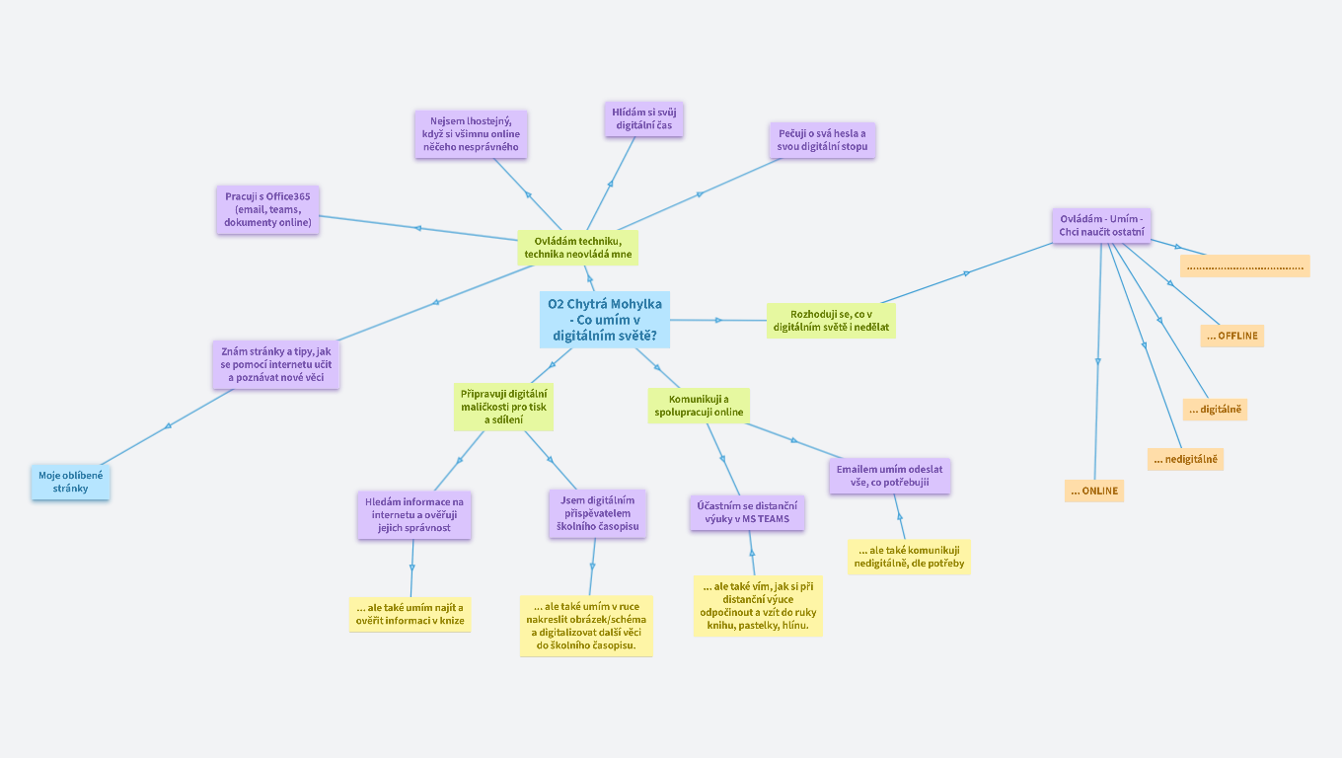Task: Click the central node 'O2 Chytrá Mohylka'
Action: point(605,319)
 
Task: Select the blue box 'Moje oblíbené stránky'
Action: point(70,482)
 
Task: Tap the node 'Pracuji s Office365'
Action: point(267,209)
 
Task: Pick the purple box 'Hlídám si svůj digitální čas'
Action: point(642,119)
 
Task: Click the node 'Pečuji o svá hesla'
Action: point(822,140)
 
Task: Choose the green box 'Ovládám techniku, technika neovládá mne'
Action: point(577,248)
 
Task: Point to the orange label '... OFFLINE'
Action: point(1231,336)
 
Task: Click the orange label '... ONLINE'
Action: point(1093,491)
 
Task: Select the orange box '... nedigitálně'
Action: point(1185,459)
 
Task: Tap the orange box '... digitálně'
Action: point(1215,410)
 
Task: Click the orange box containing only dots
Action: point(1245,265)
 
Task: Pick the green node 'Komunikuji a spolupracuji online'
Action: point(699,405)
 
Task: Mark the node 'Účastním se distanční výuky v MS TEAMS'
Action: point(746,512)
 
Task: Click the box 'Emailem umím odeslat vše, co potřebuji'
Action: point(889,476)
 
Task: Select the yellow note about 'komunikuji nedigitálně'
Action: point(909,557)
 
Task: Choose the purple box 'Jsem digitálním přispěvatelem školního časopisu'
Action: point(598,513)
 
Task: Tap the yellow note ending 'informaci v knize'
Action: point(410,613)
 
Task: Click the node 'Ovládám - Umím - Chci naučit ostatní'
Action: point(1101,225)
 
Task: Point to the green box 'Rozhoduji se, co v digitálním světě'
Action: point(831,320)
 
